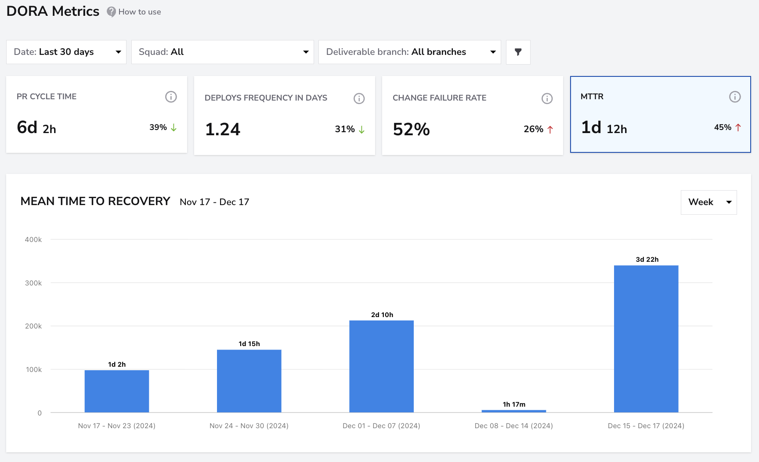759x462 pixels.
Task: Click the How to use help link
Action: [134, 12]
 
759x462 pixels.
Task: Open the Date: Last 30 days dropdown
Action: [66, 52]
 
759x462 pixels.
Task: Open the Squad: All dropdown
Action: [223, 52]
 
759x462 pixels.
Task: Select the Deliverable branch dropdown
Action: [410, 52]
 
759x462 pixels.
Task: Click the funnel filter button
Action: [518, 52]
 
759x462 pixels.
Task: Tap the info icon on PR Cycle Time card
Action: [171, 97]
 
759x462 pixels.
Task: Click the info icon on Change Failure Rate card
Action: [547, 98]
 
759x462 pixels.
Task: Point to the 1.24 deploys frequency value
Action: [223, 129]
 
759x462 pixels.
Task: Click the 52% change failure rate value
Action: [411, 129]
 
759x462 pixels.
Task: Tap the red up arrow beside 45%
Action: [738, 127]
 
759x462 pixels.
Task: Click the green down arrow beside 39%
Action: [173, 127]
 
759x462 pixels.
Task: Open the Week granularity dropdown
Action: [709, 202]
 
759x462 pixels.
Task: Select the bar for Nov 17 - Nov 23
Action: [117, 391]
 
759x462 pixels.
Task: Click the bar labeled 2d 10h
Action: [382, 366]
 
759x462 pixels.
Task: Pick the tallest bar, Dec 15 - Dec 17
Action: [646, 339]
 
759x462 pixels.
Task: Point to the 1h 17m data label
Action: [514, 404]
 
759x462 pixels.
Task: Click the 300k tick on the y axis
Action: [33, 283]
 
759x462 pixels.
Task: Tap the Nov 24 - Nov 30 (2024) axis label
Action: [249, 426]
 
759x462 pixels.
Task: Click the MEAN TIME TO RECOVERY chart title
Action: [95, 201]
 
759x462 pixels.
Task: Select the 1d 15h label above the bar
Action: [249, 344]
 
